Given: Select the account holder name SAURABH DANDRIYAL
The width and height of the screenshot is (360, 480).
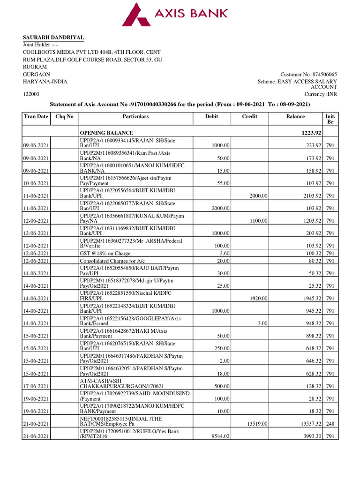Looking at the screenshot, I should point(54,37).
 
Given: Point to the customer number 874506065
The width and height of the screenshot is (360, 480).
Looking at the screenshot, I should point(323,75).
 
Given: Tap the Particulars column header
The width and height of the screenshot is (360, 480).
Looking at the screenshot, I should point(135,116).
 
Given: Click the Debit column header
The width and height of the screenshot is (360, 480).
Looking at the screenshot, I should point(211,116).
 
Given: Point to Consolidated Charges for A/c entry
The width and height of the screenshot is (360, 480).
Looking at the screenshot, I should point(115,261).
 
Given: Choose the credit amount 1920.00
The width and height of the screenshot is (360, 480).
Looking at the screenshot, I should point(259,298).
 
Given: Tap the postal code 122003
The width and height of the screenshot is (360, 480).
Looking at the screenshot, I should point(31,94).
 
